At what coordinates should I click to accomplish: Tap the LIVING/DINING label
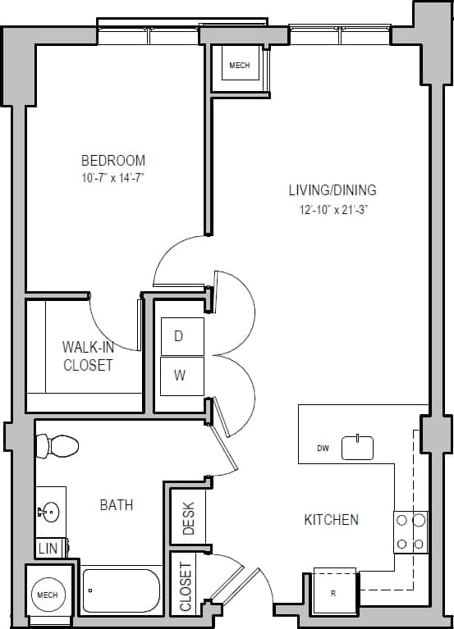(332, 190)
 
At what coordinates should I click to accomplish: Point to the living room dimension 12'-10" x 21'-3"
(332, 210)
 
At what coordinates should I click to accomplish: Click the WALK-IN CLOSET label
(88, 356)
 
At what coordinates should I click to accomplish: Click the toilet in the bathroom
(57, 446)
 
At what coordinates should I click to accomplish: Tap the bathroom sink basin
(48, 513)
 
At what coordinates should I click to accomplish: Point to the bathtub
(122, 590)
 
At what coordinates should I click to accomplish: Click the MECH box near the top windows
(239, 66)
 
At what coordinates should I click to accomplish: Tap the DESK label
(188, 518)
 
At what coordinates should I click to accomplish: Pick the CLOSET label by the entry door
(186, 587)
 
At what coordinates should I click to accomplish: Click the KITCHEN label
(331, 520)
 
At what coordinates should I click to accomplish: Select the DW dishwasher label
(323, 449)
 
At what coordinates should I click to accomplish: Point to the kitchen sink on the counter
(357, 448)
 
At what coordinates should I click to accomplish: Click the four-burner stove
(410, 531)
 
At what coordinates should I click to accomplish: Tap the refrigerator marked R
(335, 591)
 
